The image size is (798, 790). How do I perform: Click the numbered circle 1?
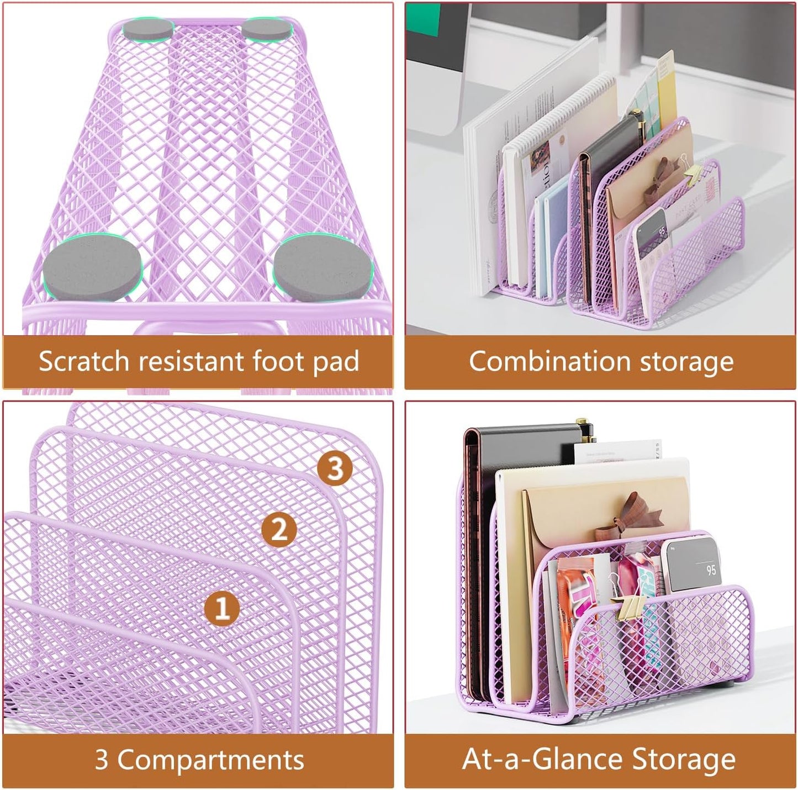[x=222, y=608]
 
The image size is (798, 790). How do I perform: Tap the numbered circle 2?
[x=279, y=529]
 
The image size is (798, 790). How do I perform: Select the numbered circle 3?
[x=335, y=468]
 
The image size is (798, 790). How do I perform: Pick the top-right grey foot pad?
[x=267, y=29]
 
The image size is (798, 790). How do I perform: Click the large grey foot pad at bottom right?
[x=323, y=269]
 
